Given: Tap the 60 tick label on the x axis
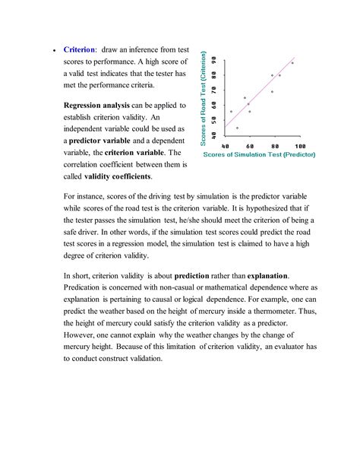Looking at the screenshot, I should tap(249, 145).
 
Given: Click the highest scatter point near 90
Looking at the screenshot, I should tap(292, 63).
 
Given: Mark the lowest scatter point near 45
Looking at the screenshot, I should tap(237, 128).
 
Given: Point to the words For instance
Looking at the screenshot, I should tap(86, 195).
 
